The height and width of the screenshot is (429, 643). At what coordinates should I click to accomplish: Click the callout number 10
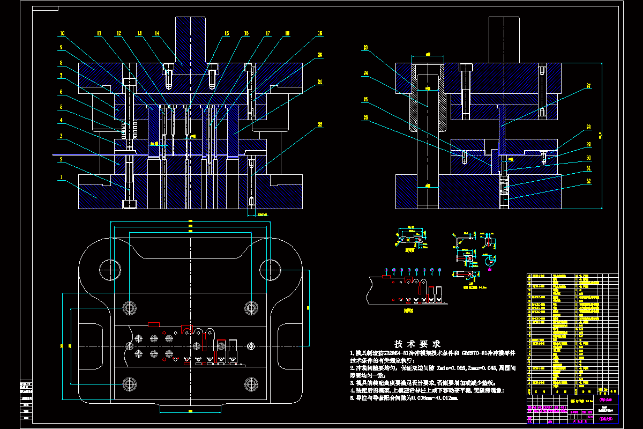click(62, 33)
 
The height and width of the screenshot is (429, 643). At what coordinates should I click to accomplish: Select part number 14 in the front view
click(157, 33)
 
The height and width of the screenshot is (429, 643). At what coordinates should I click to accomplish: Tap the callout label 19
click(320, 33)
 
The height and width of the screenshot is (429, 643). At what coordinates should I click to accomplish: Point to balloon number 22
click(320, 125)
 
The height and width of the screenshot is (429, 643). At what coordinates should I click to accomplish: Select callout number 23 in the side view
click(366, 48)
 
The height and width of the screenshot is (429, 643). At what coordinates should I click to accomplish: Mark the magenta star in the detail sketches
click(489, 262)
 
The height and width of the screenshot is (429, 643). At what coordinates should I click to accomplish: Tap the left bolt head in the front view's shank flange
click(168, 68)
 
